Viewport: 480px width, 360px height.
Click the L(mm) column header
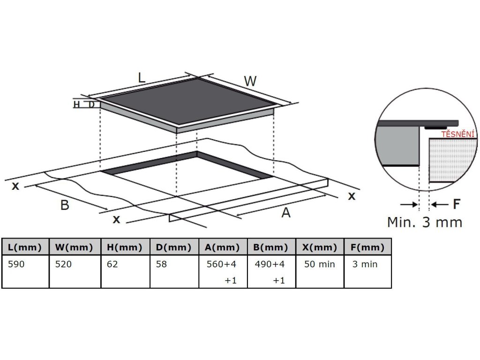pyautogui.click(x=25, y=247)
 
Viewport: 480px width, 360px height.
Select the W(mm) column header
pyautogui.click(x=75, y=247)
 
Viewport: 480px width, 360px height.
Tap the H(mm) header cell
pyautogui.click(x=125, y=247)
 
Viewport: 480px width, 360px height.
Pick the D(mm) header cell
pyautogui.click(x=174, y=247)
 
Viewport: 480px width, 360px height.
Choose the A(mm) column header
pyautogui.click(x=223, y=247)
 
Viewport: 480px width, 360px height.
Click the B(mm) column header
pyautogui.click(x=271, y=247)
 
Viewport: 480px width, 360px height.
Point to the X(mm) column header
pyautogui.click(x=320, y=247)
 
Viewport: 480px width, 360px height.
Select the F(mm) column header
pyautogui.click(x=367, y=247)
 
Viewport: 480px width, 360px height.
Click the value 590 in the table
pyautogui.click(x=16, y=264)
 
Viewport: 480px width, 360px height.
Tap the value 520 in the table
pyautogui.click(x=64, y=264)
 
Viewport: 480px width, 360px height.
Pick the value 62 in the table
pyautogui.click(x=112, y=264)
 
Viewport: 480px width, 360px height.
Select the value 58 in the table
pyautogui.click(x=161, y=264)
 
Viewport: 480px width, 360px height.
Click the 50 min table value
pyautogui.click(x=320, y=264)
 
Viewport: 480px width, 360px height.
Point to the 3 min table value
pyautogui.click(x=365, y=264)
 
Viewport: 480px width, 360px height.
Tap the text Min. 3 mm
pyautogui.click(x=424, y=222)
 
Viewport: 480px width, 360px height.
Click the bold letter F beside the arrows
pyautogui.click(x=456, y=204)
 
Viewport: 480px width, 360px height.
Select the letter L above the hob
pyautogui.click(x=142, y=77)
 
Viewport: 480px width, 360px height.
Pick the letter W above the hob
pyautogui.click(x=250, y=81)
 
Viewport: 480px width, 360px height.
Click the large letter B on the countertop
pyautogui.click(x=65, y=205)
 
